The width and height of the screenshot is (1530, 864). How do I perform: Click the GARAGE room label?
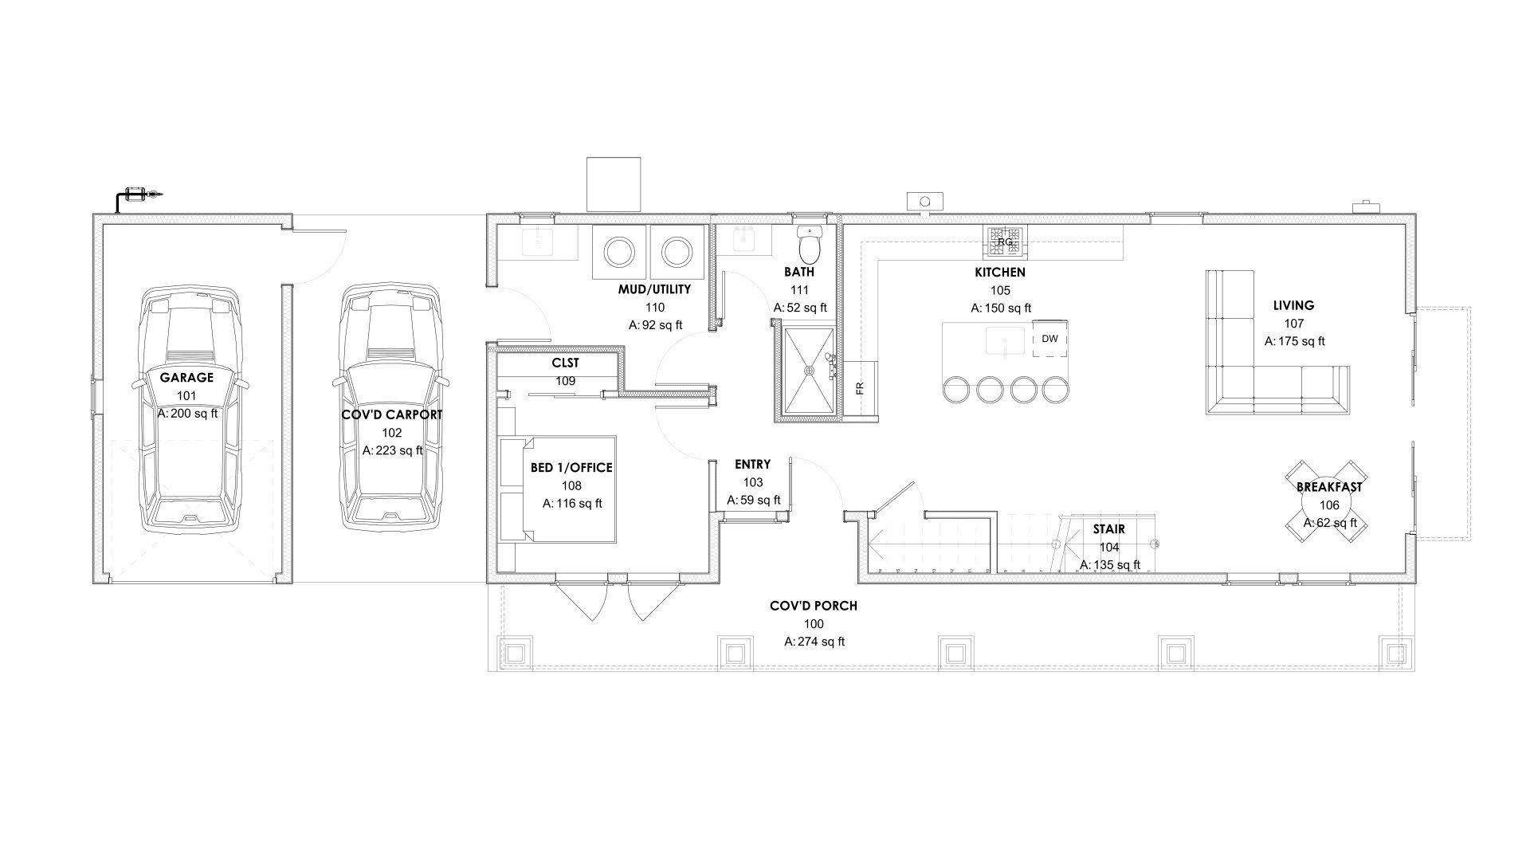[x=186, y=378]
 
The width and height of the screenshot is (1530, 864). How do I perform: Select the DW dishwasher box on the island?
[x=1050, y=339]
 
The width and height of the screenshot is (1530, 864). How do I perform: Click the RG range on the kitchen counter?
[x=1006, y=242]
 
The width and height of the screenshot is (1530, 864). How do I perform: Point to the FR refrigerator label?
[x=859, y=388]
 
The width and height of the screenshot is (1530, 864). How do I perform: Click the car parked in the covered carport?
[x=391, y=407]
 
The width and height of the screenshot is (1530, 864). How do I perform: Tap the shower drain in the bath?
[x=810, y=371]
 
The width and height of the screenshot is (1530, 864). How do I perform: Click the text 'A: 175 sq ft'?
[x=1294, y=341]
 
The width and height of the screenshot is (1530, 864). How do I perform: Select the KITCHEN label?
[x=1000, y=273]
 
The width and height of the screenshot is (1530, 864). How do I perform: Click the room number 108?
[x=571, y=485]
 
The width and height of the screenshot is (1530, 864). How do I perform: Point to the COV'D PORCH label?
[x=814, y=606]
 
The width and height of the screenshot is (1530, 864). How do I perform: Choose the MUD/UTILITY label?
[x=654, y=289]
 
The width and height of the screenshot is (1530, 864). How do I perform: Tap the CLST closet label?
[x=565, y=363]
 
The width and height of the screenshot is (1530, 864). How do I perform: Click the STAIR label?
[x=1108, y=529]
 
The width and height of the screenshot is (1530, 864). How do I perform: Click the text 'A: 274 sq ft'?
[x=814, y=642]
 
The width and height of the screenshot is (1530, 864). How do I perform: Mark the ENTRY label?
[x=752, y=465]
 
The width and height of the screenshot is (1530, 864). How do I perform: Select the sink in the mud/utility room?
[x=550, y=242]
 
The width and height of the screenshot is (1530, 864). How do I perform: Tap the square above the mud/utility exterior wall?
[x=614, y=184]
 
